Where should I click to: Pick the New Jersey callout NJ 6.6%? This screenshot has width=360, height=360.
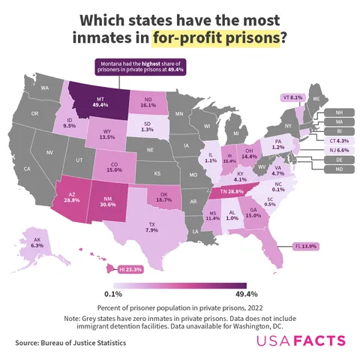(x=338, y=150)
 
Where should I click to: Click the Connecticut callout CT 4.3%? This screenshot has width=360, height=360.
(x=338, y=140)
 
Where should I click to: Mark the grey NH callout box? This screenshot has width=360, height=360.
(x=339, y=112)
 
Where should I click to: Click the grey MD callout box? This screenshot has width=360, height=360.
(x=339, y=169)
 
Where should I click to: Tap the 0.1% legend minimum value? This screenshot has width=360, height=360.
(x=114, y=294)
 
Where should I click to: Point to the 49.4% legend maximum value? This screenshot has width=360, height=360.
(x=235, y=294)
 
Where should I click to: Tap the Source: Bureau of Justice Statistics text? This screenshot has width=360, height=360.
(x=70, y=343)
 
